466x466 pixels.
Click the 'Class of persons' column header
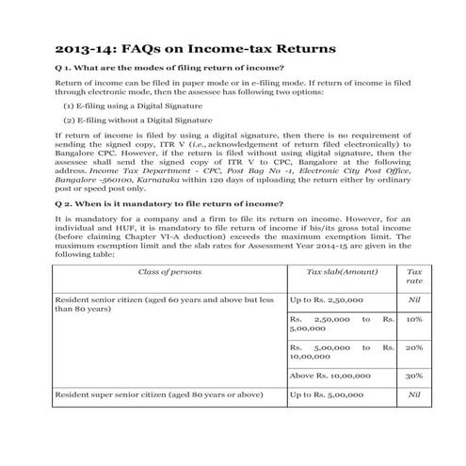166,271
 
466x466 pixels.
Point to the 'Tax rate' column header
413,276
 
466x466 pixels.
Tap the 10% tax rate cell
413,319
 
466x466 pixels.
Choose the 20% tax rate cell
413,346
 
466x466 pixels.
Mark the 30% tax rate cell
413,375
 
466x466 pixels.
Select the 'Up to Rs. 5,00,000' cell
327,394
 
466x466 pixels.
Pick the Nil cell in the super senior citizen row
413,394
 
